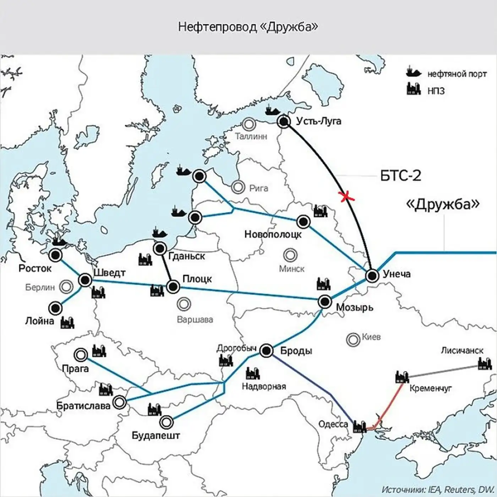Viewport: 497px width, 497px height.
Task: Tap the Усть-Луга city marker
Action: click(284, 122)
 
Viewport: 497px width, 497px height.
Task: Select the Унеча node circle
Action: click(372, 275)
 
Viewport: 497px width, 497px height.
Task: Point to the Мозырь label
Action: click(354, 307)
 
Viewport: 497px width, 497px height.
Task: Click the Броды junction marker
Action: click(266, 351)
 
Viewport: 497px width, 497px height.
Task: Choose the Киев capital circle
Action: click(353, 340)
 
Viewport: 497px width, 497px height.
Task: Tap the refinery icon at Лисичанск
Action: click(485, 364)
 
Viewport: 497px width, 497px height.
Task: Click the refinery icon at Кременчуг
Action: click(402, 377)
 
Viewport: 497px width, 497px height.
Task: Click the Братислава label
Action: click(83, 405)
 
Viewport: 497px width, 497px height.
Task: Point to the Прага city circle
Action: click(81, 355)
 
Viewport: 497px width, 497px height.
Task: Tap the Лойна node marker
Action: click(55, 308)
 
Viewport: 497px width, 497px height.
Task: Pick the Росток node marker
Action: click(56, 255)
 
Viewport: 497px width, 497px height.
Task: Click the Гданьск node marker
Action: click(160, 248)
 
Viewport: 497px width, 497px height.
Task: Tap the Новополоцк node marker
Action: click(303, 222)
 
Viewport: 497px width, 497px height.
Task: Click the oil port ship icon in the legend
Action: click(414, 72)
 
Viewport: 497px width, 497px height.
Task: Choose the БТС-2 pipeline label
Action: click(400, 176)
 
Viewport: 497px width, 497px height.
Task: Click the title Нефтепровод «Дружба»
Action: click(248, 27)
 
